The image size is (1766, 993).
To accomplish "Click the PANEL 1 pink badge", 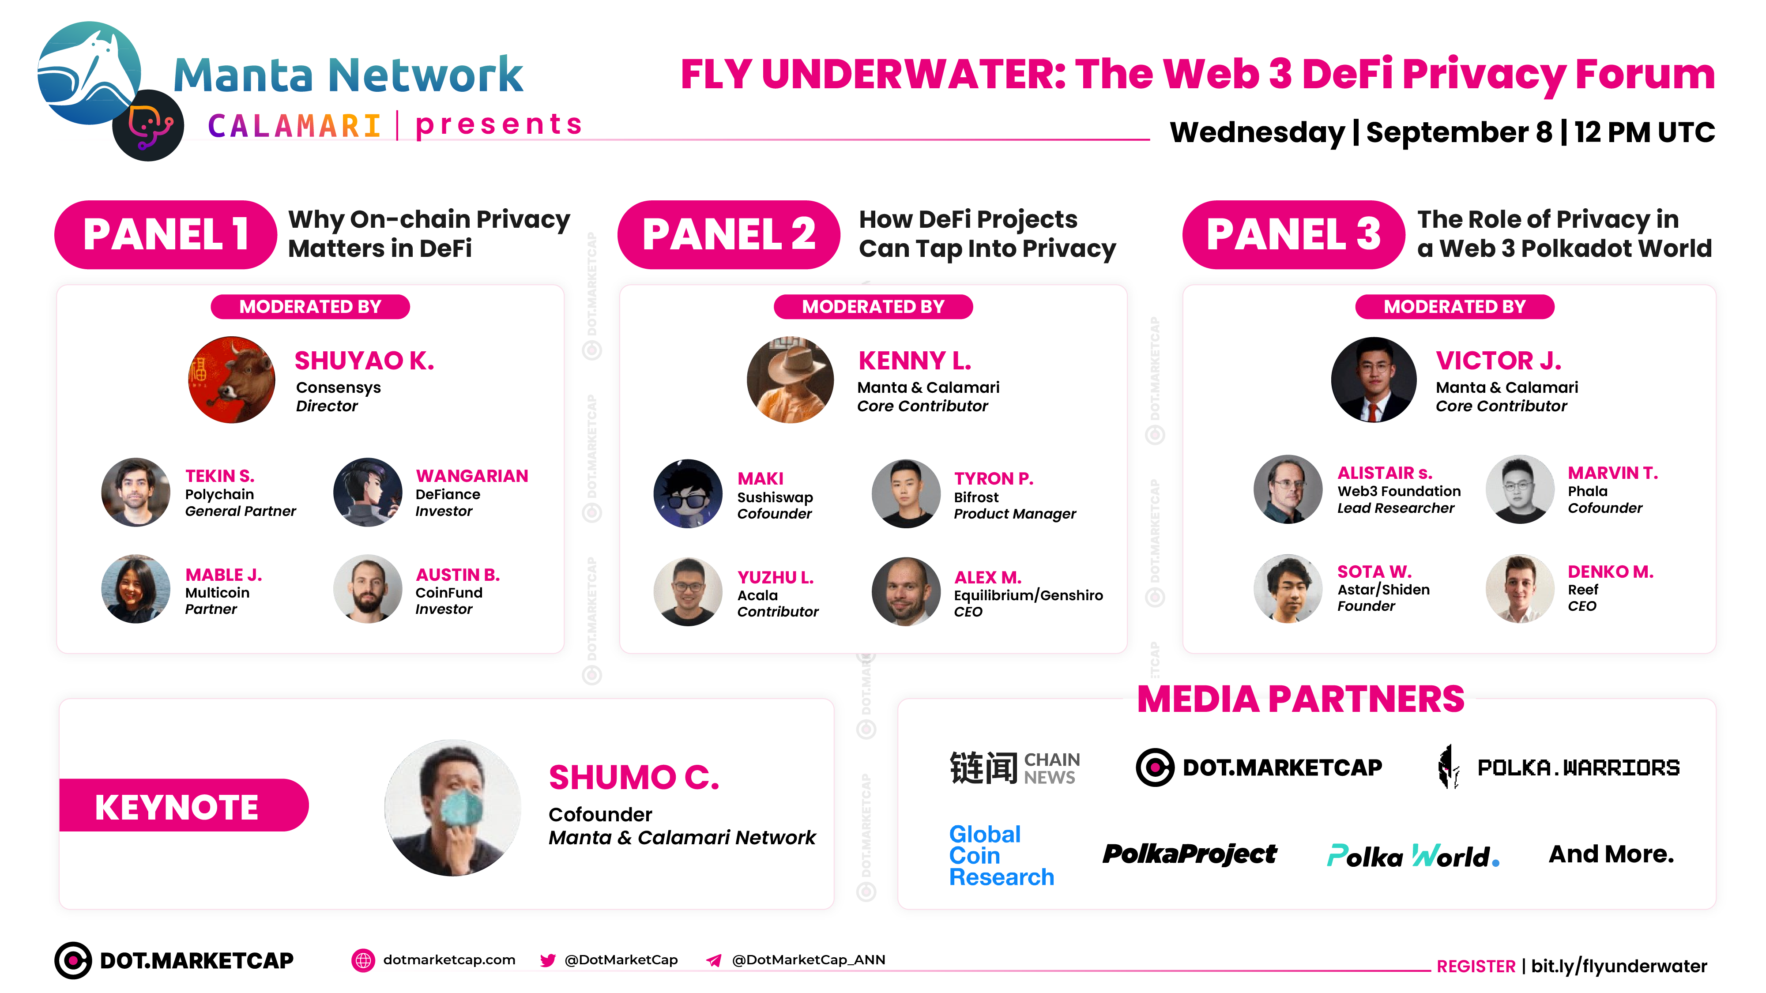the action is [166, 234].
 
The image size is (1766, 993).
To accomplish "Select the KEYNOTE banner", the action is [184, 805].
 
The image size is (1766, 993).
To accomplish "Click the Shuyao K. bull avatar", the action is [232, 380].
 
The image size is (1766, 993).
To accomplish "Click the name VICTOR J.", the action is [1499, 361].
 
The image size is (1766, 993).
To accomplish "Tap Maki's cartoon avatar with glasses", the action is [688, 493].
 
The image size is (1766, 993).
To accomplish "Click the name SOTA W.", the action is [1374, 572].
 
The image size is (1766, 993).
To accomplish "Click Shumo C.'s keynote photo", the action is [452, 807].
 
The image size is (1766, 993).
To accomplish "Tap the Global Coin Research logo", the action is [1001, 855].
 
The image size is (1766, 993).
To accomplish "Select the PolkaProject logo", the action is [1190, 854].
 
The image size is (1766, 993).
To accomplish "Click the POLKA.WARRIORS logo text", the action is [1578, 767].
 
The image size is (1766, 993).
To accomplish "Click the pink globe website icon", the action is [363, 960].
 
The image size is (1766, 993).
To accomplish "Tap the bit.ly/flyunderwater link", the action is [1619, 966].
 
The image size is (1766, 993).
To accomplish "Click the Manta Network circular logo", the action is [89, 73].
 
